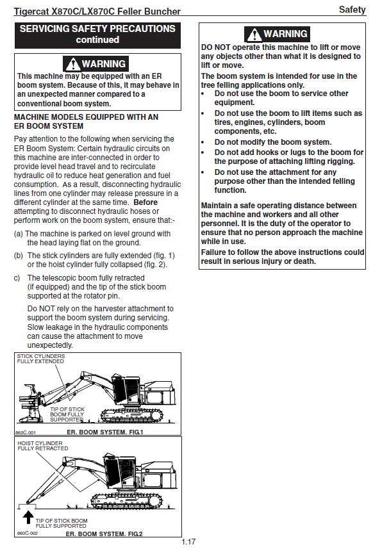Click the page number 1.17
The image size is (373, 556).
click(x=188, y=541)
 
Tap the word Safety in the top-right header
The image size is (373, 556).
click(x=352, y=10)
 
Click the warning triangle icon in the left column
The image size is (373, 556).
click(x=73, y=64)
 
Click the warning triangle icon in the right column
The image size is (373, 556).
click(x=254, y=35)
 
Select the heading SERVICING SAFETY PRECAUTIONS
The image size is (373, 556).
click(x=97, y=29)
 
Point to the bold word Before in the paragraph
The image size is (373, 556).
click(x=145, y=202)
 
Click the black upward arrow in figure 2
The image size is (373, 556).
click(x=28, y=517)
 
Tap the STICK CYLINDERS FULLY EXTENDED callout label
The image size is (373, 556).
click(x=41, y=359)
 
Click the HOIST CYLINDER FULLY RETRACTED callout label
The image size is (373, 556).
click(x=42, y=446)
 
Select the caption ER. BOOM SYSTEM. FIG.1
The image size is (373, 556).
click(x=105, y=432)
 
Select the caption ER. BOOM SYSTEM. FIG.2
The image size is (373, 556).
click(x=104, y=534)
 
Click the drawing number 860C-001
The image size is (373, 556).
click(x=25, y=432)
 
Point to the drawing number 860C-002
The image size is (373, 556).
click(x=27, y=534)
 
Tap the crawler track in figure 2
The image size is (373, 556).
click(x=127, y=501)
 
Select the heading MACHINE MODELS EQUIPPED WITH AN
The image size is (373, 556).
click(x=87, y=117)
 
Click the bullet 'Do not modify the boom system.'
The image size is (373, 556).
click(x=273, y=142)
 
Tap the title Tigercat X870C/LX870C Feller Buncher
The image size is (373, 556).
click(x=97, y=12)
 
